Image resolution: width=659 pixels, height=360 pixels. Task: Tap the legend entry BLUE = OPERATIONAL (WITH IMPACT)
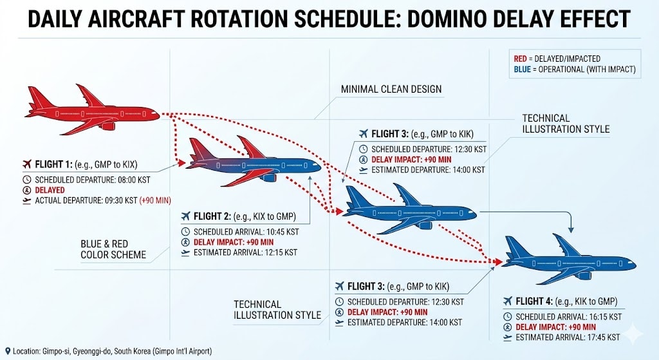[x=574, y=70]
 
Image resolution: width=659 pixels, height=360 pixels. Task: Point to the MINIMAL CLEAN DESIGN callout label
[x=391, y=89]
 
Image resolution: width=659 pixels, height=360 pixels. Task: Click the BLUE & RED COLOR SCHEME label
[x=113, y=249]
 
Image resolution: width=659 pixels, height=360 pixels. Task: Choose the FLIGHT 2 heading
[x=221, y=216]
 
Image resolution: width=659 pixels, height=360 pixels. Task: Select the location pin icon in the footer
[x=7, y=351]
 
